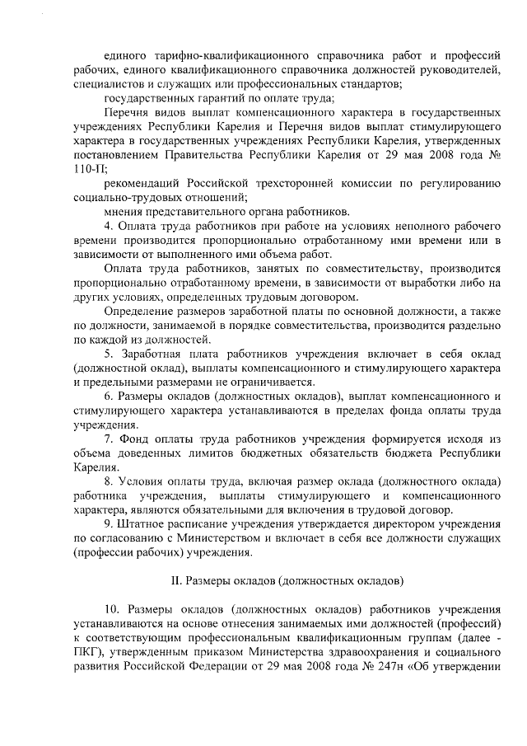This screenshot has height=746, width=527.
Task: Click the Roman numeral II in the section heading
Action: (175, 579)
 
